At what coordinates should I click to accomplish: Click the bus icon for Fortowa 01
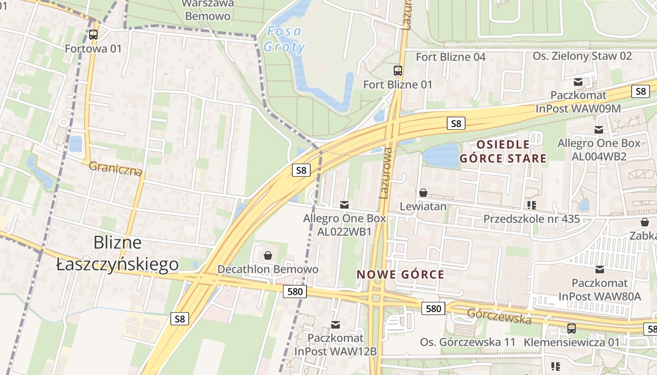click(x=93, y=34)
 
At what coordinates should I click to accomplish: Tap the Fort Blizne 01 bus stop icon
click(x=398, y=71)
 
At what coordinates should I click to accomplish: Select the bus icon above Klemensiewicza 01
click(x=571, y=328)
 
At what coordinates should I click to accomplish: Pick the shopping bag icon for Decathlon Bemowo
click(x=267, y=255)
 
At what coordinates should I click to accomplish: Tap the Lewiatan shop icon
click(x=423, y=193)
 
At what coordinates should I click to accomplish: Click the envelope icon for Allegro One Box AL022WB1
click(x=344, y=204)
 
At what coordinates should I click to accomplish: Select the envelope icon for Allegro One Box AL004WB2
click(x=599, y=130)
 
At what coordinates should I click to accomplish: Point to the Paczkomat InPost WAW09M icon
click(x=578, y=82)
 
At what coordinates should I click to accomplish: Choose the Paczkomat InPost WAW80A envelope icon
click(x=599, y=270)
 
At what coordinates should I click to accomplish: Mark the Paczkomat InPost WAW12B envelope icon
click(x=336, y=324)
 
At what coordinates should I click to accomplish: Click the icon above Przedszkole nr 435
click(x=532, y=205)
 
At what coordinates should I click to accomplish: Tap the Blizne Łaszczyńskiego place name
click(x=117, y=254)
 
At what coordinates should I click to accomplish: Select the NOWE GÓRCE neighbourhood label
click(x=400, y=274)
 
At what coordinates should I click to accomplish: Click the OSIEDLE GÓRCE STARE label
click(x=503, y=151)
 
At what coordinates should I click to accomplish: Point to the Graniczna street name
click(x=115, y=168)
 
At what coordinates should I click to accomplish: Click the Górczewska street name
click(x=499, y=317)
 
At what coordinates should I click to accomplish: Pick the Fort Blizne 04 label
click(x=451, y=57)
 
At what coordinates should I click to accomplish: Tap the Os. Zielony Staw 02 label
click(x=582, y=56)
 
